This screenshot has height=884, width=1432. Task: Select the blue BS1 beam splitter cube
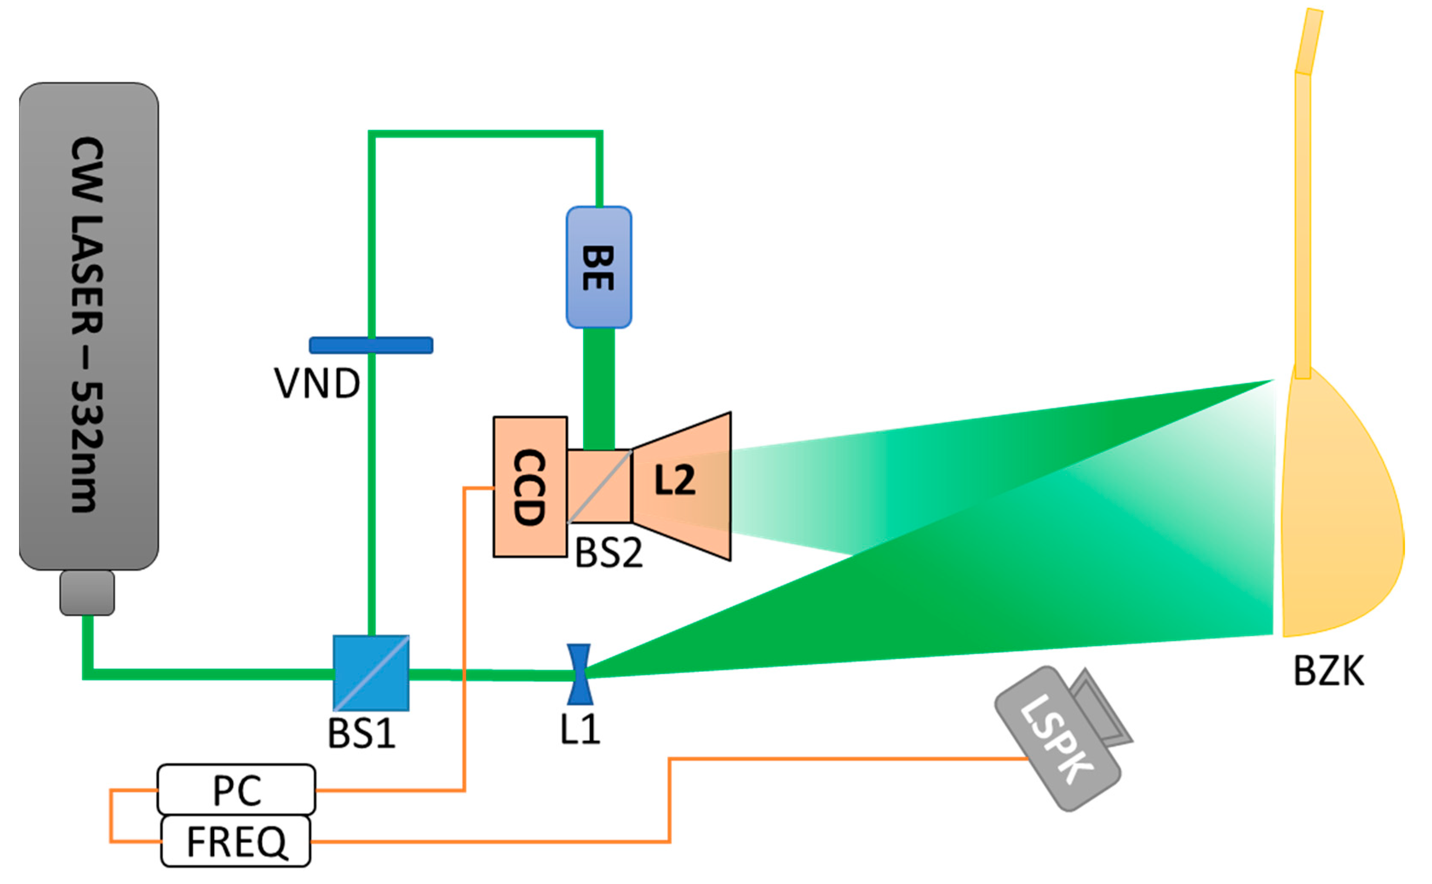[370, 672]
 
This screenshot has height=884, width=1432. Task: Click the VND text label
[317, 384]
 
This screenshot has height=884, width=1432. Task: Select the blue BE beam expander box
[599, 267]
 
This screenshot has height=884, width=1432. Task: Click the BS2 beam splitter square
[599, 486]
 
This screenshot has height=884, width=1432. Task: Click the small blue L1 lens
[579, 674]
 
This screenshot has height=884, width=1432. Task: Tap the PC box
[236, 790]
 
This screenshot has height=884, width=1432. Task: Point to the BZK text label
[1328, 671]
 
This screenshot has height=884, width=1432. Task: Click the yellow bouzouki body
[1338, 514]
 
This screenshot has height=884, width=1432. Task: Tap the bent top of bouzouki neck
[1309, 41]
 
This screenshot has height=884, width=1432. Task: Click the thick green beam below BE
[599, 389]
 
